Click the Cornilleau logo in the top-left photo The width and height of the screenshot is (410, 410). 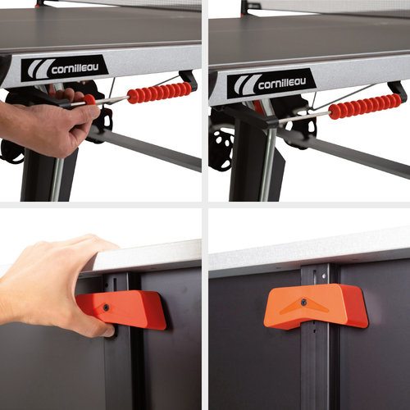click(64, 67)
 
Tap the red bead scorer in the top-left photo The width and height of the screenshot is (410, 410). click(159, 91)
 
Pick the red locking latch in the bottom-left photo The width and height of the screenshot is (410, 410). click(123, 308)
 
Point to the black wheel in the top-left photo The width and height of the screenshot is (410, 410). click(11, 152)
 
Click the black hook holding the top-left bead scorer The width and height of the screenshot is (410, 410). click(189, 80)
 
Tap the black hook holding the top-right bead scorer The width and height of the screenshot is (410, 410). click(398, 91)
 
